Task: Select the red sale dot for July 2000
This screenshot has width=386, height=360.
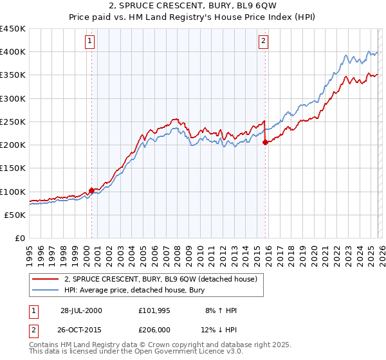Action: pyautogui.click(x=92, y=190)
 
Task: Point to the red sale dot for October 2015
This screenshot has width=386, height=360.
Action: pyautogui.click(x=265, y=142)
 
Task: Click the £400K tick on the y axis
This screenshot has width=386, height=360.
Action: pyautogui.click(x=13, y=52)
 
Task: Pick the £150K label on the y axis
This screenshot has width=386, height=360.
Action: pyautogui.click(x=13, y=168)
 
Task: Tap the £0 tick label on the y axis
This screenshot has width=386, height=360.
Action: pyautogui.click(x=19, y=239)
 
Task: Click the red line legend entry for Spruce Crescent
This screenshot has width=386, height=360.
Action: pyautogui.click(x=160, y=279)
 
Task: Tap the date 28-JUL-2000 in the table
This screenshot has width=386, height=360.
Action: pyautogui.click(x=81, y=310)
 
